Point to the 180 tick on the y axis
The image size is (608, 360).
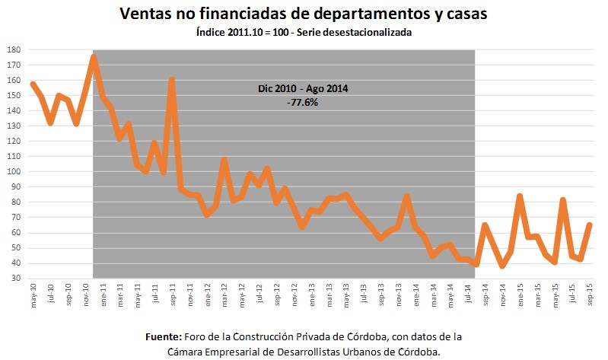[14, 49]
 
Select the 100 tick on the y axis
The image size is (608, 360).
[14, 171]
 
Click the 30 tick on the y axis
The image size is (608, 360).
[16, 278]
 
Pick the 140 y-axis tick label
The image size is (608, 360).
[14, 110]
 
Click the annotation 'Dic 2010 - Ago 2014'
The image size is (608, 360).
[302, 89]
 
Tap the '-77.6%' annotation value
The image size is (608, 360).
[302, 102]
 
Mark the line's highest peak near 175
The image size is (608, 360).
[94, 56]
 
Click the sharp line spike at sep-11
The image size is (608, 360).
[172, 79]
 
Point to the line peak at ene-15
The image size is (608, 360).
[520, 196]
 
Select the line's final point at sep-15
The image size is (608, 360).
[590, 225]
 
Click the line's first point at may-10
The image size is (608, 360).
[33, 84]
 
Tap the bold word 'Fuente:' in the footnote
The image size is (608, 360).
[164, 336]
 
